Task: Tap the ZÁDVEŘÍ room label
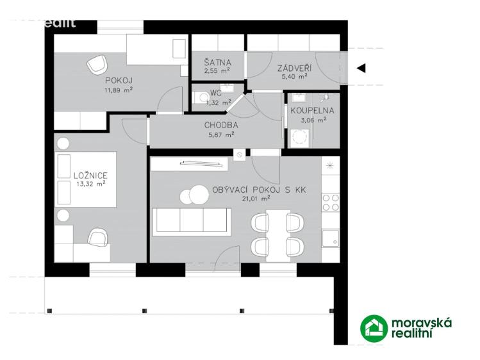[295, 67]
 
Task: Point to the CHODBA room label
[221, 126]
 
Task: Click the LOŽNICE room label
[90, 175]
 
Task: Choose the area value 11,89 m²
[119, 89]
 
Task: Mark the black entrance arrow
[361, 68]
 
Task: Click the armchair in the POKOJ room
[97, 63]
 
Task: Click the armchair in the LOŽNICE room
[98, 238]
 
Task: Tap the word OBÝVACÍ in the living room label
[235, 190]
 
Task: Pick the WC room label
[215, 93]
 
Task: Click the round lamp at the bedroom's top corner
[63, 143]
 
